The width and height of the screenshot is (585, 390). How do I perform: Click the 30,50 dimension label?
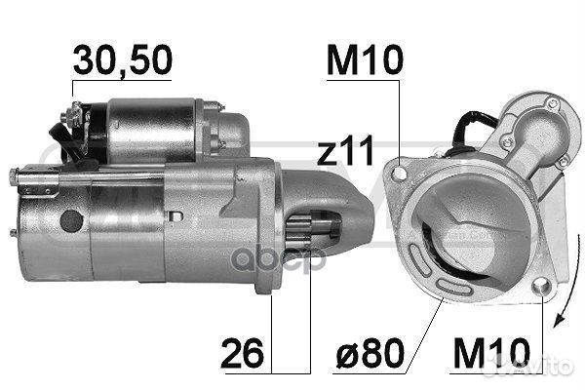pos(123,59)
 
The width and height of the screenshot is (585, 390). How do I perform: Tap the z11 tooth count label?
pos(345,150)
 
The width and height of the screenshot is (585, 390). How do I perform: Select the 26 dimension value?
pos(242,353)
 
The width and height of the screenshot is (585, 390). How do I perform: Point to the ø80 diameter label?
pos(370,353)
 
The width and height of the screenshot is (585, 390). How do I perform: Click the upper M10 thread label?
pos(365,59)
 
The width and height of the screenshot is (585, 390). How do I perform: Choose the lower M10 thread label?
pos(491,353)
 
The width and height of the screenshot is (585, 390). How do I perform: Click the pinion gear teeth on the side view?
pos(298,231)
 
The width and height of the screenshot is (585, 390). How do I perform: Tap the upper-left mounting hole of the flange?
pos(400,174)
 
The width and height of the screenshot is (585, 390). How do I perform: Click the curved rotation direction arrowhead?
pos(560,320)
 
